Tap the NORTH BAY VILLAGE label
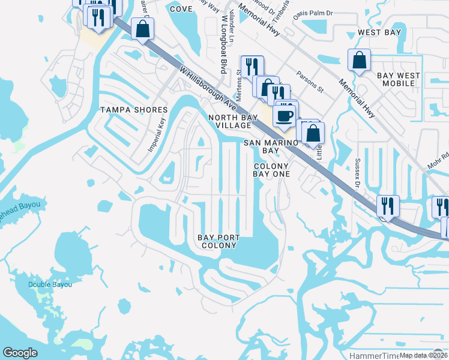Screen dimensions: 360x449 coord(229,121)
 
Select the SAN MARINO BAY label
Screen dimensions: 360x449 coord(271,147)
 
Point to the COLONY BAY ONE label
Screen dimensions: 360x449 coord(271,170)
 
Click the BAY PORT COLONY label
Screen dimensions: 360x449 coord(218,242)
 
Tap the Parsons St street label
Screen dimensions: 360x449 coord(310,82)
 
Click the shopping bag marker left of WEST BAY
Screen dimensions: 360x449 coord(358,60)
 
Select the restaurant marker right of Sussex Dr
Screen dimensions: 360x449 coord(388,206)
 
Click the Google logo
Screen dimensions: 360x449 coord(20,353)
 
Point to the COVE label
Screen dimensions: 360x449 coord(181,9)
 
